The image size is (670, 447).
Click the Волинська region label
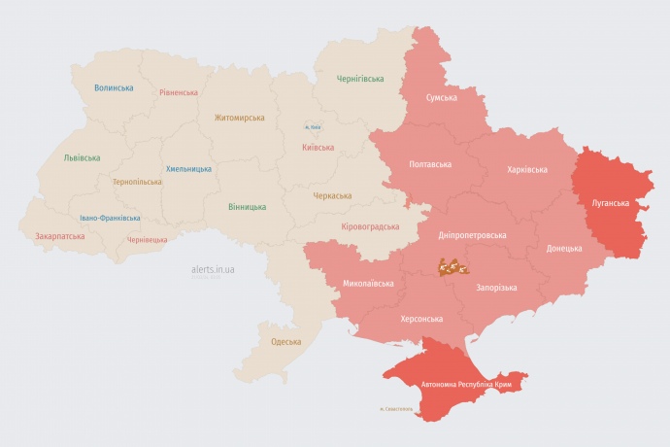coord(114,88)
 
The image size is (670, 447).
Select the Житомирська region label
coord(239,118)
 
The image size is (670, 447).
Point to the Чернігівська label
coord(360,79)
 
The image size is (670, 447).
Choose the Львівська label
coord(82,157)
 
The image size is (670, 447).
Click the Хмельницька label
coord(188,169)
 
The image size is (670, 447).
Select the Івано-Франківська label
coord(110,218)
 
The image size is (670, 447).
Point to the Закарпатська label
coord(59,236)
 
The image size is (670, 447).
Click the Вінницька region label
coord(247,207)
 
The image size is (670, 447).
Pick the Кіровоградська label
coord(370,226)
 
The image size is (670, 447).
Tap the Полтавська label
coord(430,164)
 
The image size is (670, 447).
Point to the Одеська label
coord(285,342)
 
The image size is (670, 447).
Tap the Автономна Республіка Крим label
coord(466,385)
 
